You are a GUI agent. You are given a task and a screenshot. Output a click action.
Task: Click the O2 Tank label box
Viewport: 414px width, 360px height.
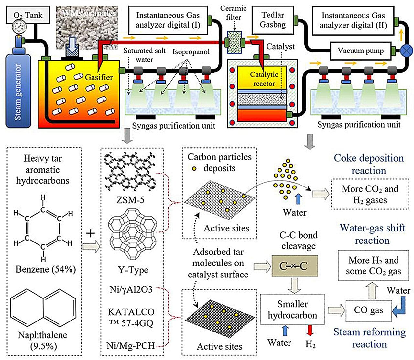pos(28,15)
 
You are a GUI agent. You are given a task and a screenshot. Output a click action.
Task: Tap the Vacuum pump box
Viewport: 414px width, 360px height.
pos(360,51)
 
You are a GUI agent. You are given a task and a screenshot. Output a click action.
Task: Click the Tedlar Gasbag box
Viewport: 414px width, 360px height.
pos(272,20)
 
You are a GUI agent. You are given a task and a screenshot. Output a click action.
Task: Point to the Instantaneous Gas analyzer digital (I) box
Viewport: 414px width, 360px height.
pos(168,20)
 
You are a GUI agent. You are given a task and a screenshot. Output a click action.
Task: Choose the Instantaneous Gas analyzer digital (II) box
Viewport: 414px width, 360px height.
pos(353,20)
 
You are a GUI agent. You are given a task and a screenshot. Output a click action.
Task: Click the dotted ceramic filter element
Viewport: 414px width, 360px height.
pos(234,42)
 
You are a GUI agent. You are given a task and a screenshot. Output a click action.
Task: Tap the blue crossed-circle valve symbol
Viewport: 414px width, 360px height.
pos(406,51)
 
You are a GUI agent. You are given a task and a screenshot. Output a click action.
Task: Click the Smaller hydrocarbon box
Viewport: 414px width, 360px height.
pos(292,309)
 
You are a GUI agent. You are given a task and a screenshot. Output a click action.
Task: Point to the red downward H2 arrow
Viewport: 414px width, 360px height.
pos(310,331)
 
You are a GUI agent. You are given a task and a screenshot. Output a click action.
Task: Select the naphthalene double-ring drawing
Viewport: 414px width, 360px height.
pos(43,308)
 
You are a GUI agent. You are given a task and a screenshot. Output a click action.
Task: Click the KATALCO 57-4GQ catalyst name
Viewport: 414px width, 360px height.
pos(131,317)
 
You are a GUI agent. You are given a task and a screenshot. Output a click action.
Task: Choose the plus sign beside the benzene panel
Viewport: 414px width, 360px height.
pos(91,233)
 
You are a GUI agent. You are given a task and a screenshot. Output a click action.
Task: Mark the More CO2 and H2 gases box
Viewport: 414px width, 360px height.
pos(370,194)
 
